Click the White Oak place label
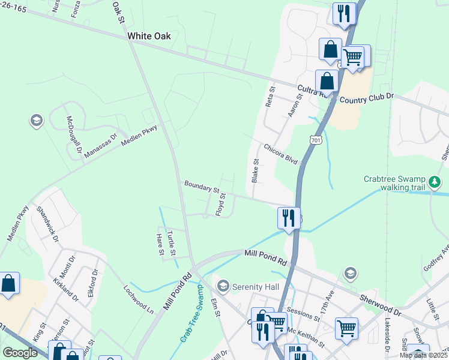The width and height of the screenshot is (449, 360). click(149, 36)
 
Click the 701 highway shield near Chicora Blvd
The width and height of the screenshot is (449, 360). click(316, 140)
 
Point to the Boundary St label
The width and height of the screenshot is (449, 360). click(202, 187)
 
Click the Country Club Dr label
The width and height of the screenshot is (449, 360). click(366, 96)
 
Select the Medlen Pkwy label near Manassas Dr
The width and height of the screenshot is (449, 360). click(139, 137)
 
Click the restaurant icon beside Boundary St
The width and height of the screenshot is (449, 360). click(289, 217)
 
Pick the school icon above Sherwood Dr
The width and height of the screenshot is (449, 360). click(350, 274)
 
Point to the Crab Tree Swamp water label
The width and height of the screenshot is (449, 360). click(191, 319)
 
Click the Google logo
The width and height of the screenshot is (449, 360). click(20, 353)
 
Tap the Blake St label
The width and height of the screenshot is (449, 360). click(255, 170)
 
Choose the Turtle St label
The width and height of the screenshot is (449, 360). click(172, 239)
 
